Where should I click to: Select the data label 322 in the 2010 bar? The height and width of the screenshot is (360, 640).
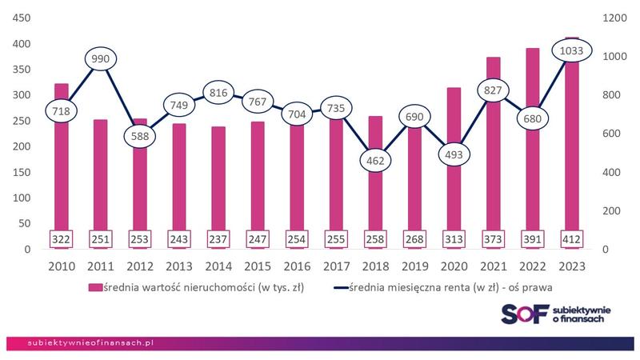(61, 238)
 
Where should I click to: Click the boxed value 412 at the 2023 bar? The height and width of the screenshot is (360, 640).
(571, 238)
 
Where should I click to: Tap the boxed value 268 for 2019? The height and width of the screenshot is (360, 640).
(415, 238)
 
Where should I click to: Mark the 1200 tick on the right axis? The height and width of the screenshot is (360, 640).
(609, 18)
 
